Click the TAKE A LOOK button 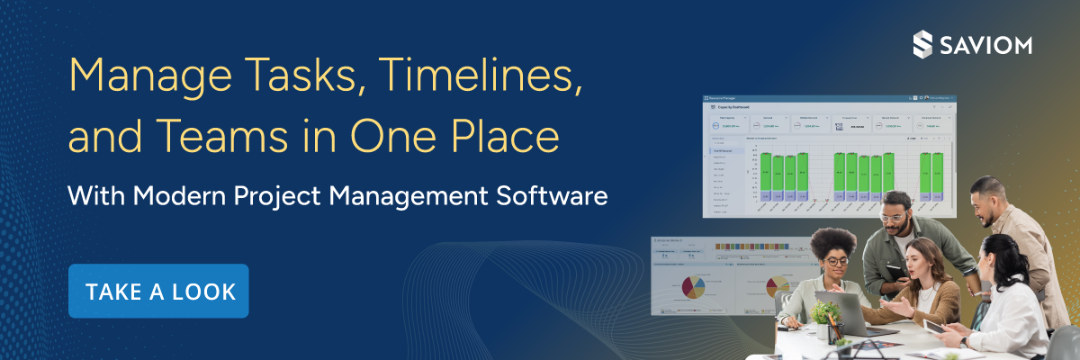pos(158,291)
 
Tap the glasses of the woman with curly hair pos(836,261)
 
